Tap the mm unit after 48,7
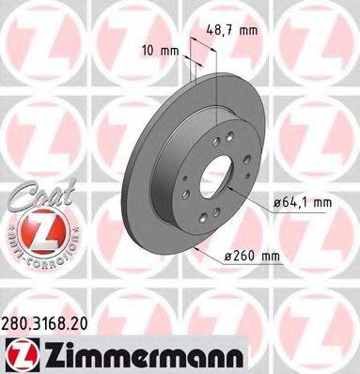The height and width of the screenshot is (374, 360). coord(249,31)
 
